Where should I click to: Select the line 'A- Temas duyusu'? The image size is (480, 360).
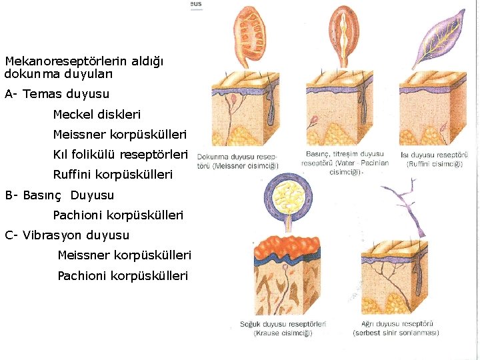pos(57,94)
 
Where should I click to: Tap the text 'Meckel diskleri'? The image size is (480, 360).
pos(97,115)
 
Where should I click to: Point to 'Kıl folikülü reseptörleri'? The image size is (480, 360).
pos(121,155)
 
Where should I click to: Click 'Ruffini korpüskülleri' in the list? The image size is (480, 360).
pos(113,175)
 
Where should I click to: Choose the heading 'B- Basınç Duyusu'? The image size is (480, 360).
pos(60,195)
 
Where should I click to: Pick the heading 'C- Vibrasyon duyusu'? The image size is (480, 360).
pos(67,235)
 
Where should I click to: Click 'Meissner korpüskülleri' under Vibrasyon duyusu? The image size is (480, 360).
pos(124,255)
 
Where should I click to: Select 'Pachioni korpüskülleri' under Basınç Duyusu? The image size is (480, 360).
pos(118,215)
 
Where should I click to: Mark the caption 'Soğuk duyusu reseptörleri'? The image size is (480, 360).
pos(283,329)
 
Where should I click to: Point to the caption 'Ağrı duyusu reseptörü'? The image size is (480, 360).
pos(396,329)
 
